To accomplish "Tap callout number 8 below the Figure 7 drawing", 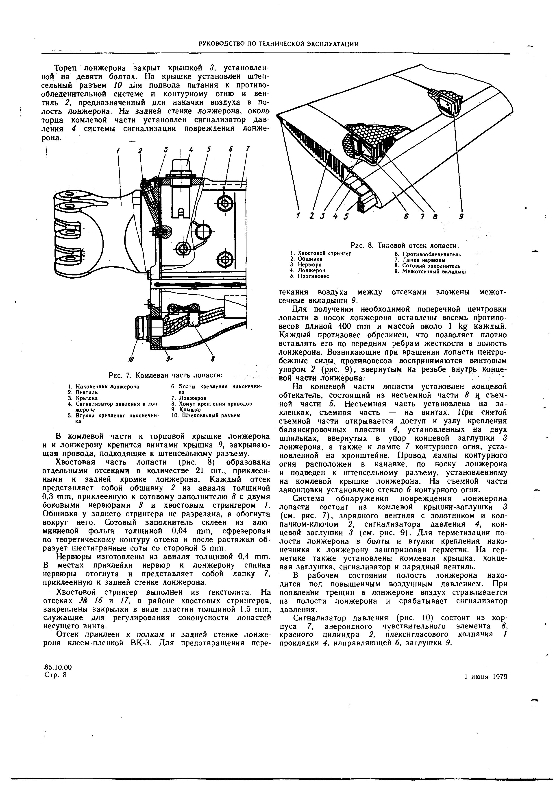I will pos(213,359).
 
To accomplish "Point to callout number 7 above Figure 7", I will pos(247,149).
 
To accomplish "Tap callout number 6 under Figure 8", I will pos(405,216).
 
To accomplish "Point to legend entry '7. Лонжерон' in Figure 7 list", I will pos(188,398).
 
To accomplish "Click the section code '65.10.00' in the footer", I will pos(58,667).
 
